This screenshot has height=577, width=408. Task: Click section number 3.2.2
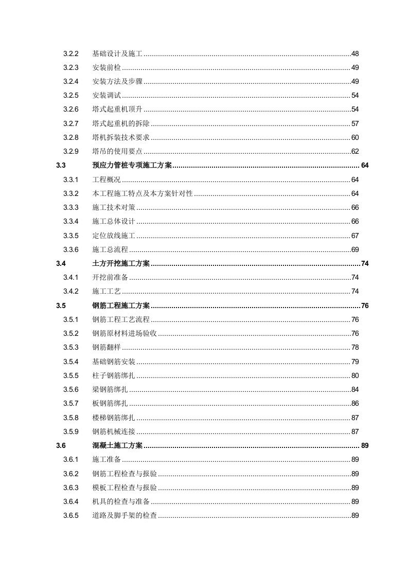pyautogui.click(x=70, y=53)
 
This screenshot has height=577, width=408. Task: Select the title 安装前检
pyautogui.click(x=107, y=67)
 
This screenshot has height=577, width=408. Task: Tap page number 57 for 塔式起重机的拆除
pyautogui.click(x=355, y=123)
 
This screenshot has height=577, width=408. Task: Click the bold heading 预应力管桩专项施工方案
pyautogui.click(x=132, y=166)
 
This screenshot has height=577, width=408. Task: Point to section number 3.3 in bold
pyautogui.click(x=61, y=166)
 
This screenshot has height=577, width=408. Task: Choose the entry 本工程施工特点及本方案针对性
pyautogui.click(x=143, y=193)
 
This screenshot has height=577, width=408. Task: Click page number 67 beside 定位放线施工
pyautogui.click(x=355, y=236)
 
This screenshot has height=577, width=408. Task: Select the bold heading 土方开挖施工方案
pyautogui.click(x=121, y=263)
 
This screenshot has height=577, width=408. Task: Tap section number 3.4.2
pyautogui.click(x=70, y=291)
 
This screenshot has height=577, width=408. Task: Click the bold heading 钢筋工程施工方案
pyautogui.click(x=121, y=305)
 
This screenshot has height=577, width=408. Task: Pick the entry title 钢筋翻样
pyautogui.click(x=107, y=347)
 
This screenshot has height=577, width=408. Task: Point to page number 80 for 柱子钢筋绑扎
pyautogui.click(x=355, y=375)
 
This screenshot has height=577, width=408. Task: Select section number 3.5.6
pyautogui.click(x=70, y=389)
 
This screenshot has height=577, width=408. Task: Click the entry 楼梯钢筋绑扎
pyautogui.click(x=114, y=418)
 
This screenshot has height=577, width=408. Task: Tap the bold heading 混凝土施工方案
pyautogui.click(x=117, y=445)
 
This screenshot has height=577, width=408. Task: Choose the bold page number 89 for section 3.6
pyautogui.click(x=365, y=445)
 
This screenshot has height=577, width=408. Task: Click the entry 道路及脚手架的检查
pyautogui.click(x=125, y=516)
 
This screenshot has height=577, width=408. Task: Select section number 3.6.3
pyautogui.click(x=70, y=488)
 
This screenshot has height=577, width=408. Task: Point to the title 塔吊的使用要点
pyautogui.click(x=117, y=151)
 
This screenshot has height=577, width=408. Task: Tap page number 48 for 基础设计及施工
pyautogui.click(x=355, y=53)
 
